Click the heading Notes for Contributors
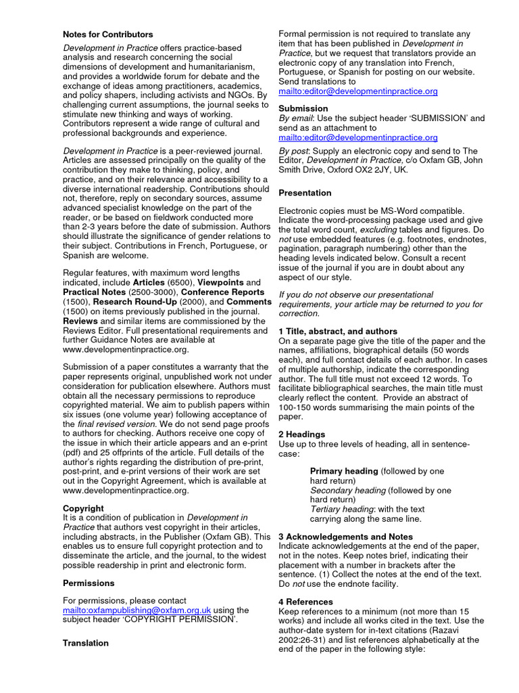pos(108,34)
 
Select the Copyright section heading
pos(83,508)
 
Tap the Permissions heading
pos(89,583)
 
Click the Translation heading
pos(86,643)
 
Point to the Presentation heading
pos(305,193)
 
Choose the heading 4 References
pos(305,602)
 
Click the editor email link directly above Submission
pos(358,91)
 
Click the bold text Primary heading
pos(344,471)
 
